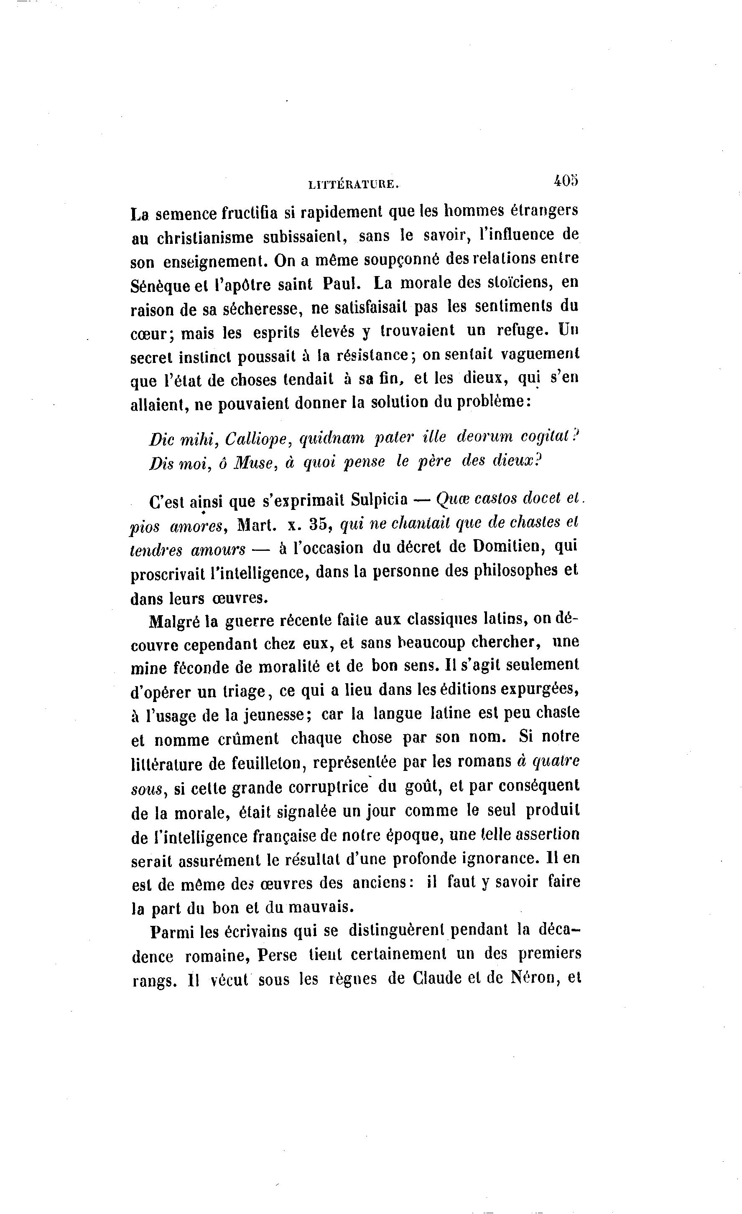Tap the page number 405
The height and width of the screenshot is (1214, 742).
click(x=566, y=181)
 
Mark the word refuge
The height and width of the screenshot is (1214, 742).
click(x=522, y=330)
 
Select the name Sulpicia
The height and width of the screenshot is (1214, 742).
click(x=379, y=499)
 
